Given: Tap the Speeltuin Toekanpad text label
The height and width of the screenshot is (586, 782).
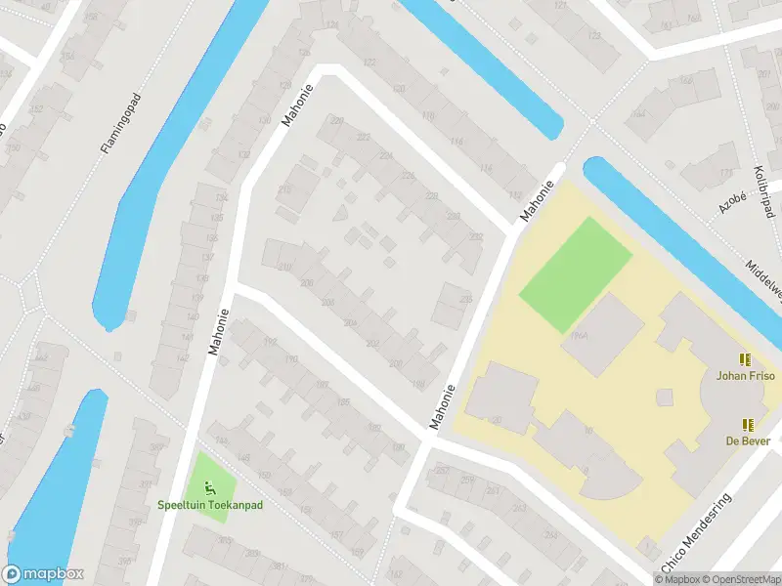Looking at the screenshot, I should [211, 505].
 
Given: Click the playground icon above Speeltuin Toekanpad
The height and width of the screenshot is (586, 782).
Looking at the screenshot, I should [208, 486].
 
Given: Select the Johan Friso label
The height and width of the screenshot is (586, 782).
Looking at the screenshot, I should [746, 375].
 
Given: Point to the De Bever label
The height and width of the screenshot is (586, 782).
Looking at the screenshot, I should [748, 440].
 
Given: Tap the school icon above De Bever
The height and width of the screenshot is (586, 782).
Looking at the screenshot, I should [748, 425].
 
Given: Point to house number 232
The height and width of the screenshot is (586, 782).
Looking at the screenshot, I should [475, 237].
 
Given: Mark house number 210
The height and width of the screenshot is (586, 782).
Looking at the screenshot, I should [285, 266].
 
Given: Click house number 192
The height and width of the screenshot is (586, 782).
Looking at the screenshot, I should [270, 342].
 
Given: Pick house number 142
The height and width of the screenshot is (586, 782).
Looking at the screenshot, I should [182, 358].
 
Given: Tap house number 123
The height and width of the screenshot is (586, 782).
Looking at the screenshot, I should [594, 36].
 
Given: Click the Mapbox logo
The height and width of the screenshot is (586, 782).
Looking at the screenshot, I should [43, 574].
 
